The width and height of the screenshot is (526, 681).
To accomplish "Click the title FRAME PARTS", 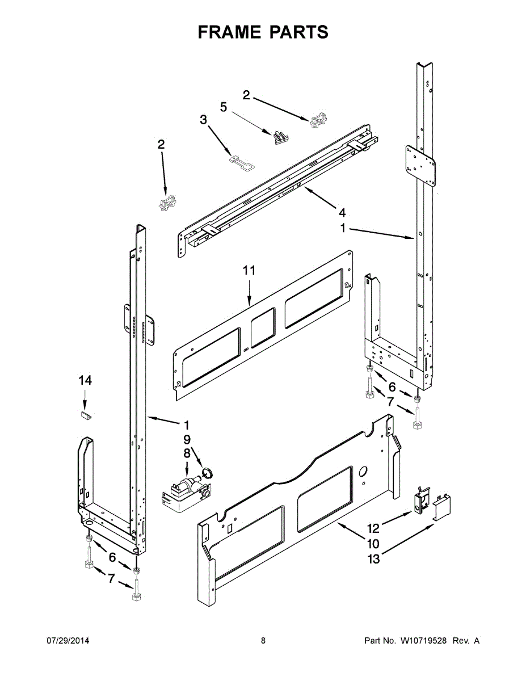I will pyautogui.click(x=263, y=32).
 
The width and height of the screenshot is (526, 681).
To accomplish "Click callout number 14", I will pyautogui.click(x=85, y=381).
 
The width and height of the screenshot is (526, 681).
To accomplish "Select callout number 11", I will pyautogui.click(x=249, y=271).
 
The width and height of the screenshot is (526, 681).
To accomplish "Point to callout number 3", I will pyautogui.click(x=203, y=120).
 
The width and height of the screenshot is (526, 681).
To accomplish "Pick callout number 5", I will pyautogui.click(x=223, y=107).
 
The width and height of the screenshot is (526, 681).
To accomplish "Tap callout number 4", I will pyautogui.click(x=342, y=213).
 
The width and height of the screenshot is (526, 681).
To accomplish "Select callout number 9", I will pyautogui.click(x=187, y=439).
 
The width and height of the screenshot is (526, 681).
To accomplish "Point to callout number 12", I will pyautogui.click(x=373, y=528).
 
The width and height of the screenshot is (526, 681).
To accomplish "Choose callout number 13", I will pyautogui.click(x=373, y=559).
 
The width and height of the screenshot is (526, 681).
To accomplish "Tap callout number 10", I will pyautogui.click(x=373, y=544).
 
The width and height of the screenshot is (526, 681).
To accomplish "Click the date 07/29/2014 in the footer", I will pyautogui.click(x=68, y=641).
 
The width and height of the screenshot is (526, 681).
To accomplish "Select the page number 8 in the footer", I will pyautogui.click(x=263, y=641).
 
